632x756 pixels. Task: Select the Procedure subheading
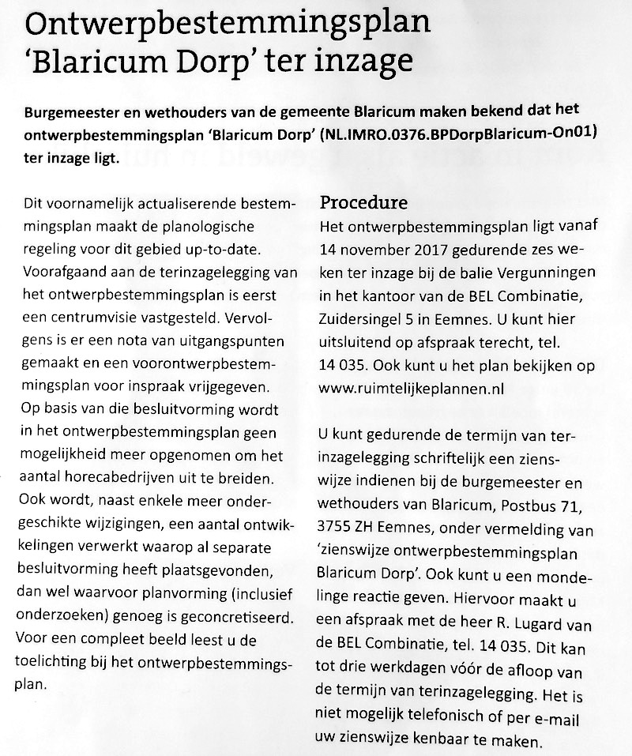pos(363,203)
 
